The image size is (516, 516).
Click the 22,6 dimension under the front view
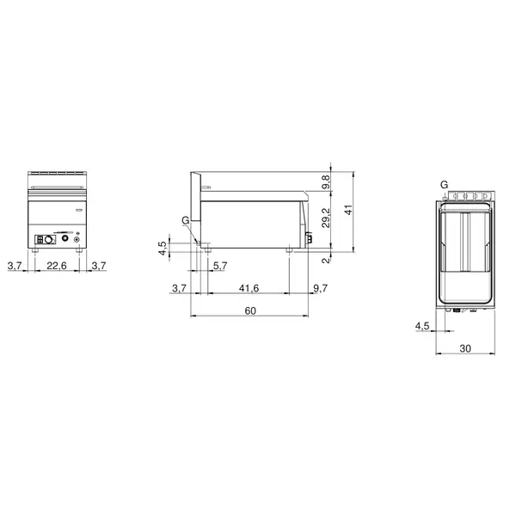[58, 267]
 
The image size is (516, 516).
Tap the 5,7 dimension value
[220, 267]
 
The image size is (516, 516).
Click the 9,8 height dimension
[325, 182]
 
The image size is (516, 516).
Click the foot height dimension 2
[325, 261]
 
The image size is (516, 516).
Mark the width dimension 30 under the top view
[464, 348]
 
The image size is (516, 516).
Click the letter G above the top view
[444, 184]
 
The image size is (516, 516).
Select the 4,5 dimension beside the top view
[421, 326]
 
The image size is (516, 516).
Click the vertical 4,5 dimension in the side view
[163, 249]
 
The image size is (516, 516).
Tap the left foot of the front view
[34, 252]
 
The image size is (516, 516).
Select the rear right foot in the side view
[290, 250]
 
